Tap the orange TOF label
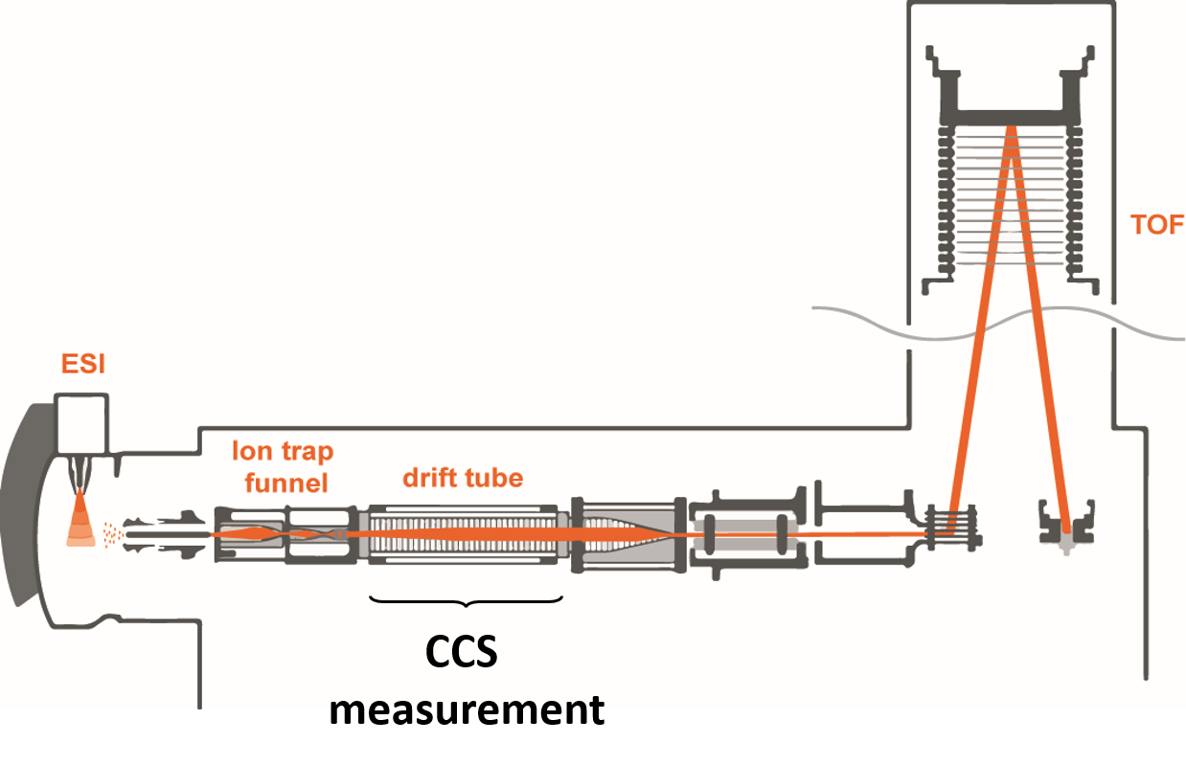[x=1156, y=225]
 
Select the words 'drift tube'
[x=463, y=477]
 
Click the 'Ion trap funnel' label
[x=283, y=465]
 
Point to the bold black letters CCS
[x=462, y=653]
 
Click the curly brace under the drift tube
[x=466, y=601]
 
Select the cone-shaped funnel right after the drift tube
[x=628, y=534]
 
